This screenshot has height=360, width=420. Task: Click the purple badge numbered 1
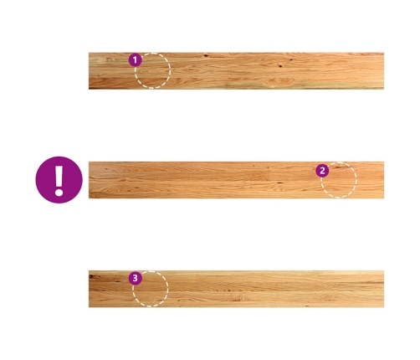(x=136, y=60)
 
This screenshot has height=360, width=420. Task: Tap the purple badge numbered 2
(x=322, y=171)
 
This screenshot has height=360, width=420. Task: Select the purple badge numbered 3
(x=136, y=278)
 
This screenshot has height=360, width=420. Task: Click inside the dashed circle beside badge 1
(x=152, y=70)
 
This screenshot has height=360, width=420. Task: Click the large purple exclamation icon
(x=59, y=180)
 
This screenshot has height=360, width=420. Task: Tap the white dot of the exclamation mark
(x=59, y=192)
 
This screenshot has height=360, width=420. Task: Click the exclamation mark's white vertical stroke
(x=59, y=177)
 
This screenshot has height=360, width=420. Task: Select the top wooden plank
(x=236, y=71)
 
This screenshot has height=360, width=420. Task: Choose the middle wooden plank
(x=236, y=180)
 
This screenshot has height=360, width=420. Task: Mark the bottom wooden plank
(x=236, y=289)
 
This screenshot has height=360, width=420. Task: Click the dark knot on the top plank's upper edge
(x=206, y=55)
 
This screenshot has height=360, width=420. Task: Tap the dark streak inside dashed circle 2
(x=339, y=167)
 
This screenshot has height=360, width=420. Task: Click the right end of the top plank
(x=384, y=71)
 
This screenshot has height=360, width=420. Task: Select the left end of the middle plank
(x=89, y=180)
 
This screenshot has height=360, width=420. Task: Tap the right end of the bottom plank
(x=384, y=289)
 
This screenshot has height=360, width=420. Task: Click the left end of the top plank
(x=89, y=71)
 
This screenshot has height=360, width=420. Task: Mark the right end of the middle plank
(x=384, y=180)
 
